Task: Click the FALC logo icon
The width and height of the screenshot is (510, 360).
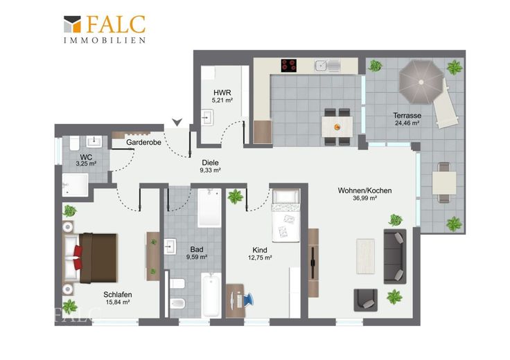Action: (72, 24)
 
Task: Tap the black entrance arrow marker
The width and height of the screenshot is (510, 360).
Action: (177, 122)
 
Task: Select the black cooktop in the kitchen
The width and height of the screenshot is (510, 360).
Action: (289, 65)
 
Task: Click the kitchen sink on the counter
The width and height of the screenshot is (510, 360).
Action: (327, 66)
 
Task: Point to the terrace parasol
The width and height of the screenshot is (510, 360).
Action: (421, 82)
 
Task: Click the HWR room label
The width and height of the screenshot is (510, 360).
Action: (222, 93)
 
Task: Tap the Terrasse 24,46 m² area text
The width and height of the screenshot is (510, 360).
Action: (407, 123)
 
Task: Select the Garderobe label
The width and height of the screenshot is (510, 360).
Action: (143, 142)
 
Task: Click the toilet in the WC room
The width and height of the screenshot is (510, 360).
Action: (74, 143)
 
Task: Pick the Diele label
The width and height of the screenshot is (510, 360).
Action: (210, 163)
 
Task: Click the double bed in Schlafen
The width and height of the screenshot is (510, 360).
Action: (90, 258)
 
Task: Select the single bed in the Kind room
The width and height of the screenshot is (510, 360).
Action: (285, 216)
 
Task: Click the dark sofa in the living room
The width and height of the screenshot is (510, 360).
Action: (395, 257)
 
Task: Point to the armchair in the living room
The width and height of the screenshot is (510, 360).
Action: (366, 300)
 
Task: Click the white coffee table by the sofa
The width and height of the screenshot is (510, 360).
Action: (366, 256)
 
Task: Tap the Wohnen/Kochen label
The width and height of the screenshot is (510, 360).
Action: (364, 190)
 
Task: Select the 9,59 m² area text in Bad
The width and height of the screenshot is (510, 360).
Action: (197, 257)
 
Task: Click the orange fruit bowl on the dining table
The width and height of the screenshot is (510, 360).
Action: (337, 127)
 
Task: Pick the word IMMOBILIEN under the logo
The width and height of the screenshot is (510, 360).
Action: (105, 40)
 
